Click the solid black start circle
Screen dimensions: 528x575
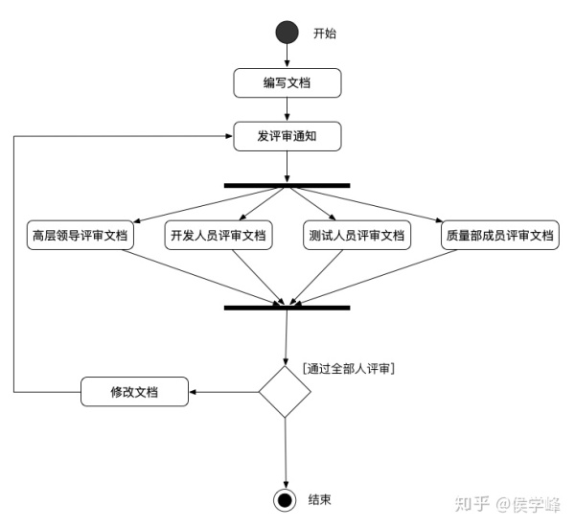[x=287, y=34]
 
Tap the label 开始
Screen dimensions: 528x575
[x=326, y=34]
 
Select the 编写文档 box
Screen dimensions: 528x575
[x=287, y=82]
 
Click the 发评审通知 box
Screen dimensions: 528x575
[x=287, y=136]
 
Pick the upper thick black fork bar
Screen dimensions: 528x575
[x=287, y=185]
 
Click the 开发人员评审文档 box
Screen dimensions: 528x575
[x=218, y=235]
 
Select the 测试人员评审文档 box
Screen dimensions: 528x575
[x=356, y=235]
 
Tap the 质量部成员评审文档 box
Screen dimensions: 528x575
[x=499, y=235]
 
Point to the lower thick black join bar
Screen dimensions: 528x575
[x=287, y=308]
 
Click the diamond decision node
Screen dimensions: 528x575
[x=286, y=391]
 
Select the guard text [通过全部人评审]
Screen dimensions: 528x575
[x=349, y=368]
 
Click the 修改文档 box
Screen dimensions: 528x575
[x=133, y=392]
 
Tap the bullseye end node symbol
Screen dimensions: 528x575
[x=285, y=500]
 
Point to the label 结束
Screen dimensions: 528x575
[x=321, y=500]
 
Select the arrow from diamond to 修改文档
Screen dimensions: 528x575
[x=224, y=392]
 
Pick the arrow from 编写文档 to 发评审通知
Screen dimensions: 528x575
[x=287, y=109]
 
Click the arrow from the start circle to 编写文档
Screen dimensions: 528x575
[x=287, y=57]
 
